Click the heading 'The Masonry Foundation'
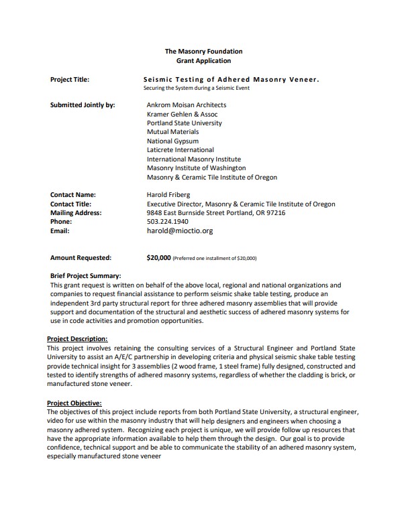tap(203, 51)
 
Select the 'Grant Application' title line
tap(203, 60)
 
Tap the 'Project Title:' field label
tap(70, 80)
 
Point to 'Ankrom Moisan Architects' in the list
tap(187, 105)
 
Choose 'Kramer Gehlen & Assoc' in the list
tap(183, 114)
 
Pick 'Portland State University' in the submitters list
tap(184, 123)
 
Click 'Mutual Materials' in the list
tap(172, 132)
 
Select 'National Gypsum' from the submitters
tap(172, 141)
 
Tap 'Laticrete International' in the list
tap(180, 150)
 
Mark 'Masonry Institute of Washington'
tap(196, 168)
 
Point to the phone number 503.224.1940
tap(167, 221)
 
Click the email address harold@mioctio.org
tap(179, 230)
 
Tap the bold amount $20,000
tap(158, 257)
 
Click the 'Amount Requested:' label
tap(81, 257)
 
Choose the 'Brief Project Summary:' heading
tap(85, 275)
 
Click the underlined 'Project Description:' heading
tap(76, 339)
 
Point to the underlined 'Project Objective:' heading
tap(74, 402)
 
